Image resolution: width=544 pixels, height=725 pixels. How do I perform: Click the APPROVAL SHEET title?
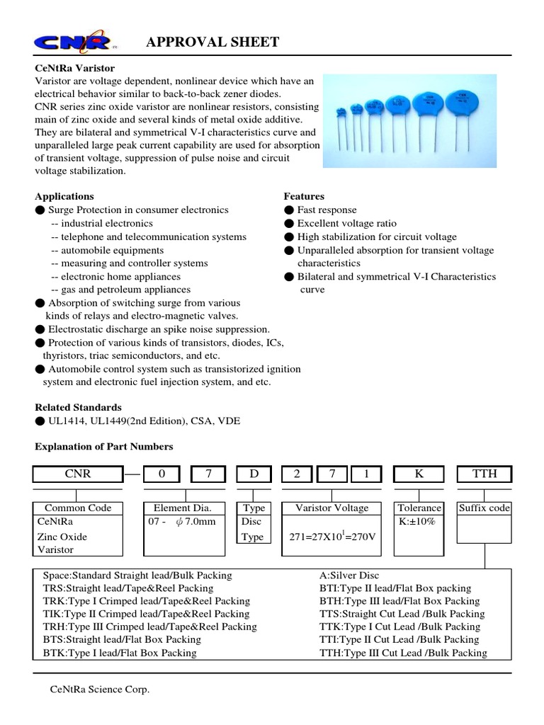pyautogui.click(x=212, y=43)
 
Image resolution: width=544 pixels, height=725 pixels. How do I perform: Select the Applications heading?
pyautogui.click(x=64, y=196)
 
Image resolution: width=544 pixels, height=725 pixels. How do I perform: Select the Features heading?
pyautogui.click(x=304, y=196)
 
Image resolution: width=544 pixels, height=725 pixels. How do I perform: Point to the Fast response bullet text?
pyautogui.click(x=327, y=210)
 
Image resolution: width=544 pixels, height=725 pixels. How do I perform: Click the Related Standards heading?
pyautogui.click(x=78, y=407)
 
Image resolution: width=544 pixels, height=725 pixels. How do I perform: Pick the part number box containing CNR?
pyautogui.click(x=77, y=474)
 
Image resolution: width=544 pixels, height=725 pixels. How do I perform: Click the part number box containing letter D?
pyautogui.click(x=254, y=474)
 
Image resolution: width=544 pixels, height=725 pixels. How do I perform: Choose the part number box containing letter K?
pyautogui.click(x=419, y=474)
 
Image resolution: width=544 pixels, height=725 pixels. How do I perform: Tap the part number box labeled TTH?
pyautogui.click(x=484, y=474)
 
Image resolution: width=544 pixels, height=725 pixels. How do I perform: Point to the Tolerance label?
pyautogui.click(x=419, y=508)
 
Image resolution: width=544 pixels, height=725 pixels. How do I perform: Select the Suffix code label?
pyautogui.click(x=484, y=508)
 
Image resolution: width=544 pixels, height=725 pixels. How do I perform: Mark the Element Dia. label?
pyautogui.click(x=187, y=508)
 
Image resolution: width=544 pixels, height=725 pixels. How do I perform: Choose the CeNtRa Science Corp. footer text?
pyautogui.click(x=99, y=690)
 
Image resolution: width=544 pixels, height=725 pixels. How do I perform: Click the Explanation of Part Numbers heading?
pyautogui.click(x=103, y=447)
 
